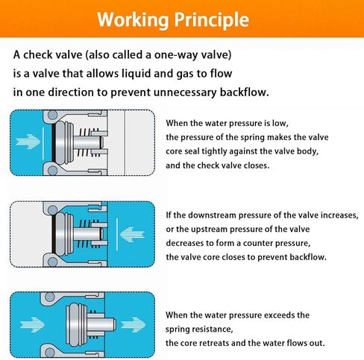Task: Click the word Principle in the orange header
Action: (211, 20)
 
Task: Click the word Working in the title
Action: (133, 20)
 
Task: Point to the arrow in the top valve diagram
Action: (28, 142)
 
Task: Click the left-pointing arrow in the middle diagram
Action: (132, 235)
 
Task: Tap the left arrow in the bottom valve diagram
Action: (32, 324)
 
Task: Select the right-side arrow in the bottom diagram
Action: (134, 324)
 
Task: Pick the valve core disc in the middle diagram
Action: (63, 235)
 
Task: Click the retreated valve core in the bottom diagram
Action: (77, 324)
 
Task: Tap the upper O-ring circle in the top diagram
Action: (52, 116)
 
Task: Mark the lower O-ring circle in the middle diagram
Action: (52, 262)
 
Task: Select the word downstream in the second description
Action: (212, 215)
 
